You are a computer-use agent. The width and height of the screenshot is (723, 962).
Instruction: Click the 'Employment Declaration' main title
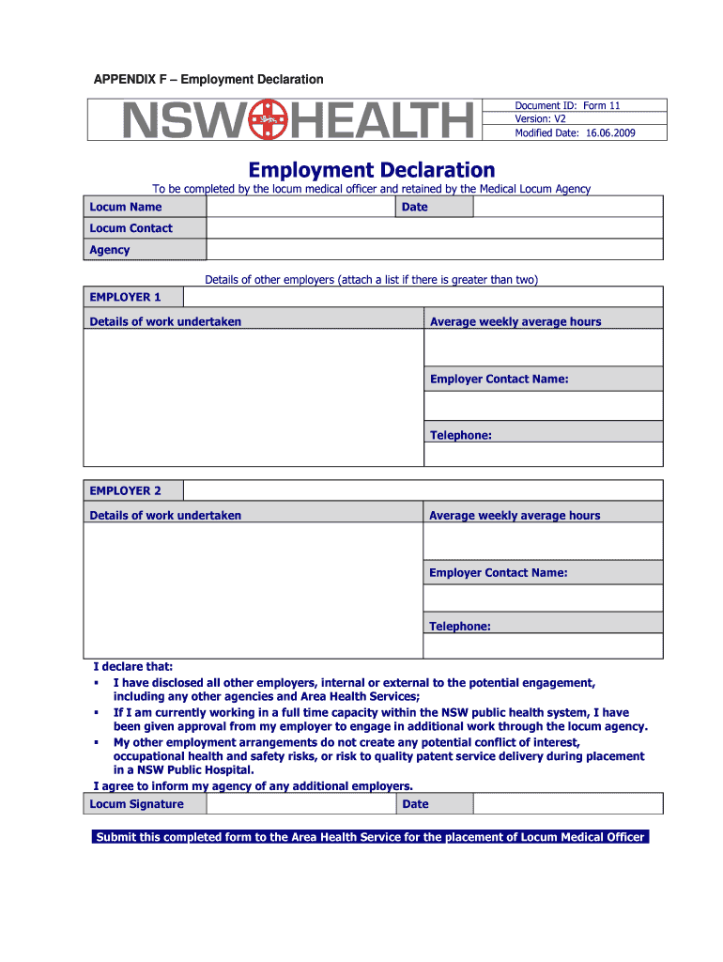pyautogui.click(x=371, y=170)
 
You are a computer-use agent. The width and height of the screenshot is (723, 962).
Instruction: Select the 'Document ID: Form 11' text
pyautogui.click(x=567, y=106)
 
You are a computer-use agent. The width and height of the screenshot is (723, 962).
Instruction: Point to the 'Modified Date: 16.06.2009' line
pyautogui.click(x=575, y=133)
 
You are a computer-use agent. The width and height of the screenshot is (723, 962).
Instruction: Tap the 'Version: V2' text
pyautogui.click(x=540, y=119)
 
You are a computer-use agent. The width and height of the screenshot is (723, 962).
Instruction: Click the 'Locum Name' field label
pyautogui.click(x=126, y=207)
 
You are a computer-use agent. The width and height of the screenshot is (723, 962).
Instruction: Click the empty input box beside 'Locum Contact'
pyautogui.click(x=434, y=228)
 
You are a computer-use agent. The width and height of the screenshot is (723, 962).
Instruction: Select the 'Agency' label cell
pyautogui.click(x=110, y=250)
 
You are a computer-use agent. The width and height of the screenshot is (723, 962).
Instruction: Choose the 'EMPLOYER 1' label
pyautogui.click(x=125, y=297)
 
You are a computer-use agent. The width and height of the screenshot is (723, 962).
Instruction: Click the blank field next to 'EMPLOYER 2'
pyautogui.click(x=423, y=490)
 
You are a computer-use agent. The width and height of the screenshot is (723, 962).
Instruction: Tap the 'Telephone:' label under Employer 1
pyautogui.click(x=461, y=435)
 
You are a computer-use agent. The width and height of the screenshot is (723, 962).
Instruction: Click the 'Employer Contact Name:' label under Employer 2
pyautogui.click(x=498, y=572)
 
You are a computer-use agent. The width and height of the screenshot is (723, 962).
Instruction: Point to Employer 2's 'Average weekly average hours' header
pyautogui.click(x=515, y=515)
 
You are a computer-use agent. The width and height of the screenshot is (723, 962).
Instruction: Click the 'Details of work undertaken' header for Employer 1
pyautogui.click(x=165, y=321)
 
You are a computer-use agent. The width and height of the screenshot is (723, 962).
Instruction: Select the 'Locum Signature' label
pyautogui.click(x=137, y=804)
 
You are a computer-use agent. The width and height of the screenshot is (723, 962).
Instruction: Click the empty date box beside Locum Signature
pyautogui.click(x=567, y=804)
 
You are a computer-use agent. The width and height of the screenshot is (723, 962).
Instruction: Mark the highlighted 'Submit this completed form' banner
pyautogui.click(x=371, y=837)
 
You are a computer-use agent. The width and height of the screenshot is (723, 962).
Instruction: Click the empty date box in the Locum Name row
pyautogui.click(x=567, y=207)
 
